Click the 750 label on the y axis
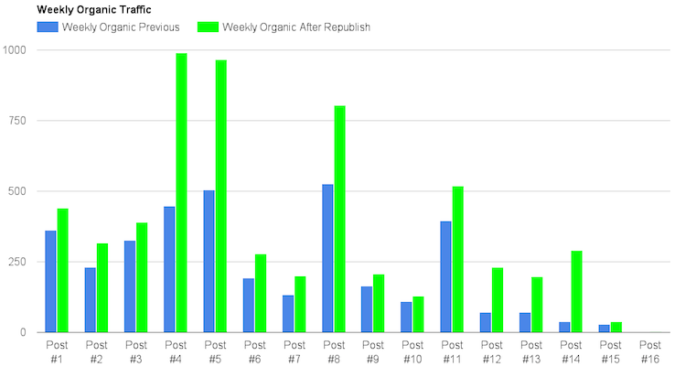point(16,120)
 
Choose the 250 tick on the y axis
point(16,262)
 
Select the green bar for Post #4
point(181,192)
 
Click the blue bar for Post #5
point(209,261)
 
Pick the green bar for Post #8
point(339,219)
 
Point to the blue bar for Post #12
point(486,322)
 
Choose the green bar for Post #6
point(261,293)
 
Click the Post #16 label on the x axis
point(650,351)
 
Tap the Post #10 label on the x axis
point(412,351)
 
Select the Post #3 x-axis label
point(135,351)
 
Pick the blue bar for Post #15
point(605,328)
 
